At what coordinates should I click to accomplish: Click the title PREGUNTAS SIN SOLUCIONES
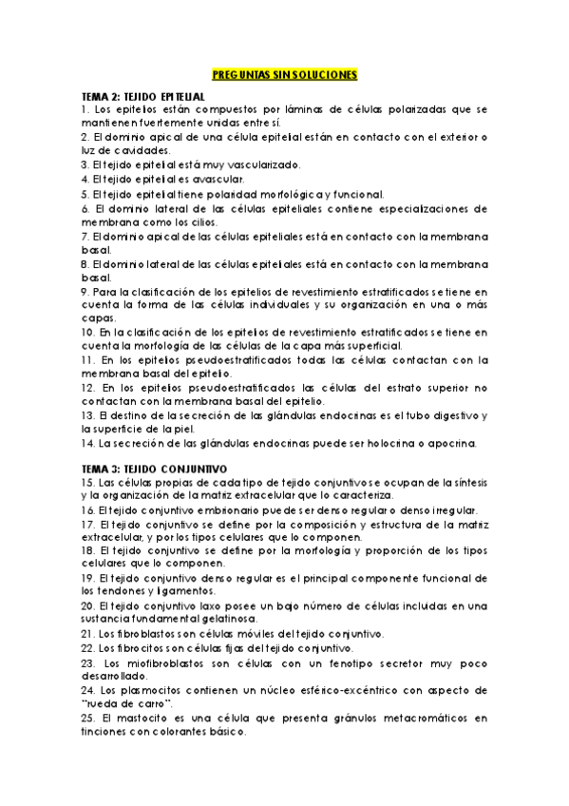tap(284, 75)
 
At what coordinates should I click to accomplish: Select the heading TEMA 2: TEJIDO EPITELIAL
tap(142, 97)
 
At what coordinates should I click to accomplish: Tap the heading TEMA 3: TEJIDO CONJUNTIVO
tap(154, 469)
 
